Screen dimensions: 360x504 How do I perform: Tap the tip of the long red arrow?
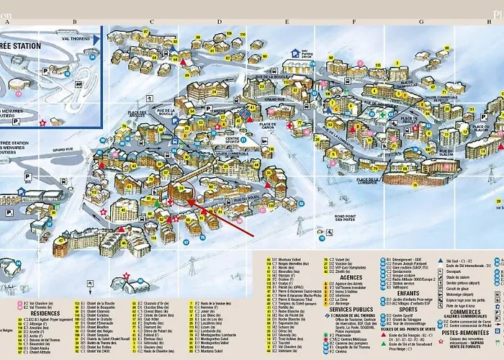pos(188,202)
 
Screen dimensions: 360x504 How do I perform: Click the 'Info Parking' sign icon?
pos(295,53)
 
